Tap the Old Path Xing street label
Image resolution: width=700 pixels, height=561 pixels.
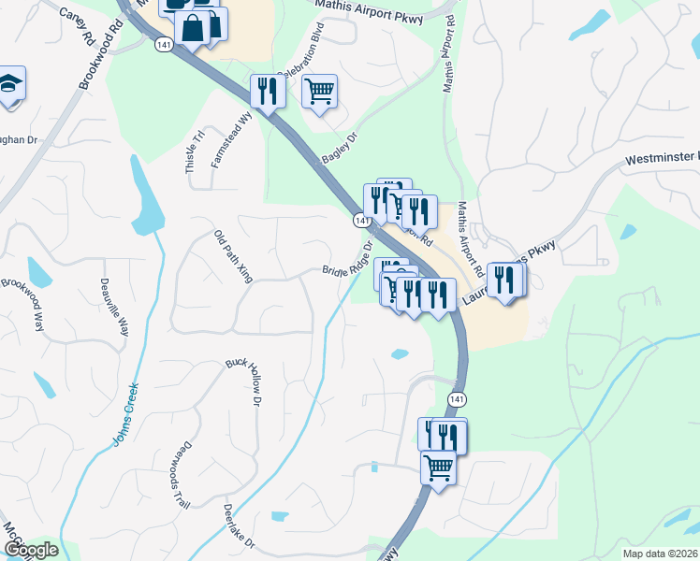[x=233, y=256]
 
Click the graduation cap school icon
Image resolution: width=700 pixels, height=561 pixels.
[x=9, y=83]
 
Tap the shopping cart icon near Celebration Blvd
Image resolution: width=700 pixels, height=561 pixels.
[x=320, y=92]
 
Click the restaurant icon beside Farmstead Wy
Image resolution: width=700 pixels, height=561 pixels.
[x=269, y=92]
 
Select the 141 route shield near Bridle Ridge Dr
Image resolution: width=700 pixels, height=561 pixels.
[x=360, y=220]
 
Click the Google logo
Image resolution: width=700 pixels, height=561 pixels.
[x=30, y=550]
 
